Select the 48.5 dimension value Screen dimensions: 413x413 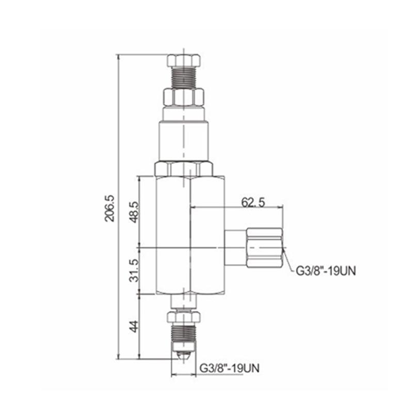[134, 212]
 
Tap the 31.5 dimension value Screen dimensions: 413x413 [134, 271]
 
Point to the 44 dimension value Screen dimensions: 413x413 [134, 326]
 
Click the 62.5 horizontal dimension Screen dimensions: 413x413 [253, 202]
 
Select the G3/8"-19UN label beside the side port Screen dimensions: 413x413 [326, 271]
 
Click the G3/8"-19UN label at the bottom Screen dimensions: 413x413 [229, 368]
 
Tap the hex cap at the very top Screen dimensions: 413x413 [184, 60]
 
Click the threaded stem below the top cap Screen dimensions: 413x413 [184, 77]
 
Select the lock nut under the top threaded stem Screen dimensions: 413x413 [184, 98]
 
